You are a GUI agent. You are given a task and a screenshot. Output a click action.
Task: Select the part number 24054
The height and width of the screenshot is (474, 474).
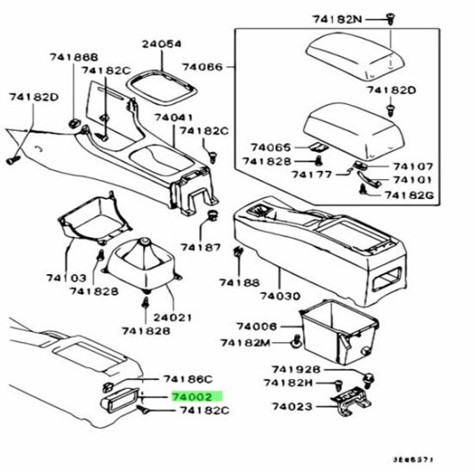pos(162,44)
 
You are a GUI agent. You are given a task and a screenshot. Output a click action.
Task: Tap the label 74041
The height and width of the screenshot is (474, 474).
pos(173,117)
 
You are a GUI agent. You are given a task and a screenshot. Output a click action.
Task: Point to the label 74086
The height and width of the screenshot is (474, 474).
pos(203,67)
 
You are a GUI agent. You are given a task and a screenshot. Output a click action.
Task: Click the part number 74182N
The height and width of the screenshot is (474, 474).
pos(337,20)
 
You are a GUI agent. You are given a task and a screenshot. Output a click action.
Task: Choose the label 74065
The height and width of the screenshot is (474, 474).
pos(271,147)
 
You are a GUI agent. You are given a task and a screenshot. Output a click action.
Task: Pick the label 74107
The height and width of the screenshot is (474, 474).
pos(413,166)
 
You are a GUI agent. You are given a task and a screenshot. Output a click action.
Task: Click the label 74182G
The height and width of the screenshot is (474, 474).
pos(409,196)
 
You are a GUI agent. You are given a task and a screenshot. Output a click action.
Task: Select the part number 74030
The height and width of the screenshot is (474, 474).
pos(280,296)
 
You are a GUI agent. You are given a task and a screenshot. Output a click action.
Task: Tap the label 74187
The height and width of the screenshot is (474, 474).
pos(201,247)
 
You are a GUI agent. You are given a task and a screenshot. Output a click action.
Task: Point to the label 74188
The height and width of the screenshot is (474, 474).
pos(240,283)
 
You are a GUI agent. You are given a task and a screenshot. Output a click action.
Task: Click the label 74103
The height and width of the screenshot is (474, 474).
pos(66,278)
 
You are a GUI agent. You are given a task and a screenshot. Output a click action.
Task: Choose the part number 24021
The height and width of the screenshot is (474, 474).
pos(172,318)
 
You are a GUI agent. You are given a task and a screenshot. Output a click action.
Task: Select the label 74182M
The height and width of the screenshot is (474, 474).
pos(245,343)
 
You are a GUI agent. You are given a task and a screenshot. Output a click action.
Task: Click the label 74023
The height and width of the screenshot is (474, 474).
pos(292,407)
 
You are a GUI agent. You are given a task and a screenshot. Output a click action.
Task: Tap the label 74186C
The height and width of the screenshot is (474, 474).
pos(188,379)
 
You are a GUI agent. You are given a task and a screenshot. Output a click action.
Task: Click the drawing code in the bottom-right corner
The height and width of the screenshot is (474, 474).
pos(413,460)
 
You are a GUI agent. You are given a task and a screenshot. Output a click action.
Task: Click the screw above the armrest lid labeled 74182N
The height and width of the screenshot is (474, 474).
pos(390,19)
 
